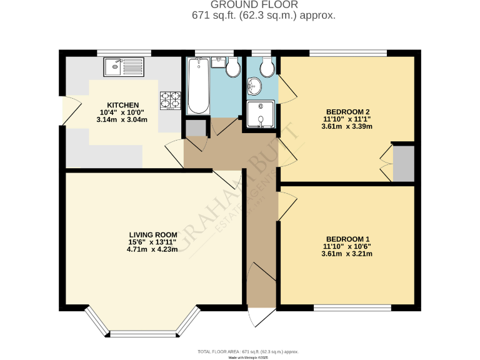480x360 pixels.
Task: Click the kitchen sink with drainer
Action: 124,65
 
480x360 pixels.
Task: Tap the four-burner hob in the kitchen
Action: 171,100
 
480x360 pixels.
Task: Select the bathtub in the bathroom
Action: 198,86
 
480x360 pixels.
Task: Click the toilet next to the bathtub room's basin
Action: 232,67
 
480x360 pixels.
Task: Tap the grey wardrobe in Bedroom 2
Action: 403,163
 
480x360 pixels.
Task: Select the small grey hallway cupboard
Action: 195,128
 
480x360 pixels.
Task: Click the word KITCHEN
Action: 123,105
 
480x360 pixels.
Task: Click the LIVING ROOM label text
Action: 152,235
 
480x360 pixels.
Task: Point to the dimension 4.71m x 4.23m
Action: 152,250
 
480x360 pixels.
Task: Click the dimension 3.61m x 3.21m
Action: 348,254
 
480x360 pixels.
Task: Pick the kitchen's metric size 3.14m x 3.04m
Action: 123,120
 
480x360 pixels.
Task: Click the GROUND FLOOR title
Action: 263,5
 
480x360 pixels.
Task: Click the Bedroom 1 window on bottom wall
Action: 352,307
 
